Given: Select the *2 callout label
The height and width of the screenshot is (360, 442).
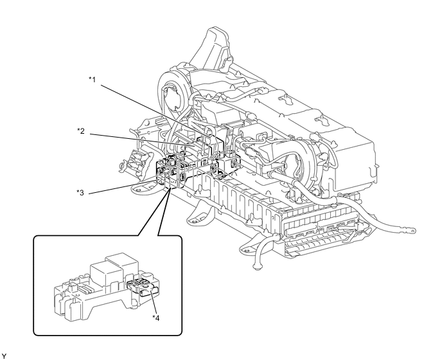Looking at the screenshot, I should (x=81, y=130).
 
